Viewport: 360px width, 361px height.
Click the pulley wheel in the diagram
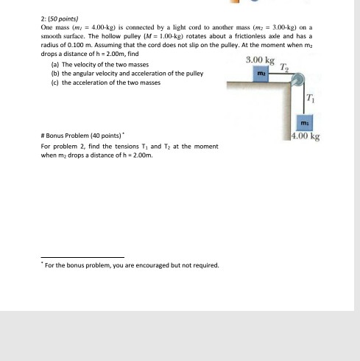[x=298, y=80]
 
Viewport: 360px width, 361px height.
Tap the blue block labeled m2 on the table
[x=261, y=74]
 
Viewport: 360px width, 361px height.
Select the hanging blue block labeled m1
[x=305, y=122]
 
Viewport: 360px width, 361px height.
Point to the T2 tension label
[x=284, y=67]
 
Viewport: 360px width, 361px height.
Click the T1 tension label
[x=310, y=98]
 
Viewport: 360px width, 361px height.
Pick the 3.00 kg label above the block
[x=260, y=60]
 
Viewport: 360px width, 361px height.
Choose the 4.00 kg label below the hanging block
[x=306, y=136]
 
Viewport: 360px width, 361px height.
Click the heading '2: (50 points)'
[x=60, y=19]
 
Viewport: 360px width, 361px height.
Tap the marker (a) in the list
[x=55, y=65]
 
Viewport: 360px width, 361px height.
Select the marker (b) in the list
[x=55, y=74]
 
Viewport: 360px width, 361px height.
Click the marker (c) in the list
[x=55, y=83]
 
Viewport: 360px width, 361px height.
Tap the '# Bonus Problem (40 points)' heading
[x=82, y=136]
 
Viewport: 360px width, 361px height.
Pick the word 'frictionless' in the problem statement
[x=250, y=36]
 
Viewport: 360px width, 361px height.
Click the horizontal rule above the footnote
[x=82, y=257]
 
